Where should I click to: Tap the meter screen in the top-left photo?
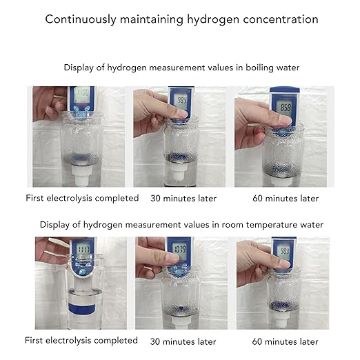[x=82, y=92]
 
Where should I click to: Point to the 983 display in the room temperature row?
[x=283, y=251]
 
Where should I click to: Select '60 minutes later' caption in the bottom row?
[x=286, y=341]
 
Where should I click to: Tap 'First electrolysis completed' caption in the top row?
[x=82, y=198]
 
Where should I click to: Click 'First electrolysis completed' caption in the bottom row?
[x=81, y=341]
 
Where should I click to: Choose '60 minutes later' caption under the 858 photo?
[x=286, y=198]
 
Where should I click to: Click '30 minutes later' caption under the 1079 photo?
[x=183, y=341]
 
